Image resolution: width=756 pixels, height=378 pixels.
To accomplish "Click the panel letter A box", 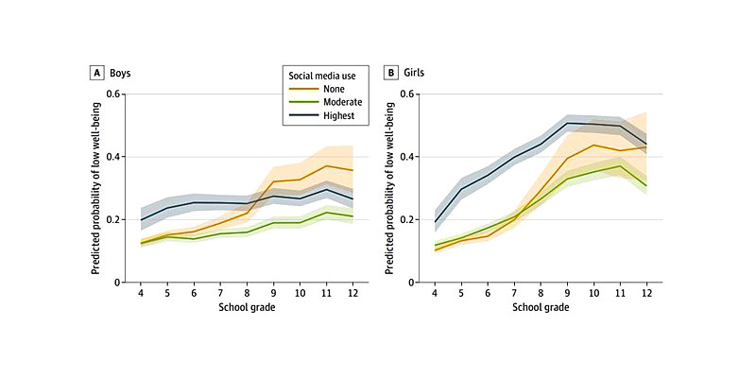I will click(x=95, y=71).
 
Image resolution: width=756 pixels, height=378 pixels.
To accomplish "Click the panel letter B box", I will click(x=391, y=71).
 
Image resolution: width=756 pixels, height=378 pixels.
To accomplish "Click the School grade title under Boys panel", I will click(x=248, y=308).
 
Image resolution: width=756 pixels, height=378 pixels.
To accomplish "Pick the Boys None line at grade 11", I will click(x=327, y=166).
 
